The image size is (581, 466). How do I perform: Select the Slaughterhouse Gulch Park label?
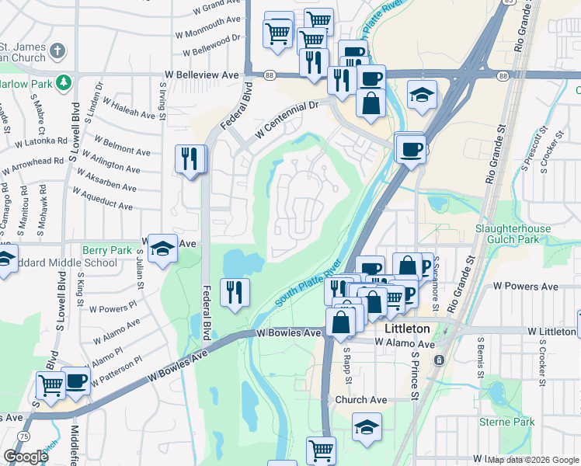[x=513, y=234]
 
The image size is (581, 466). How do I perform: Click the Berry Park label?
[x=107, y=250]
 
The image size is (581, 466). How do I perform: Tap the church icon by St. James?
[x=57, y=52]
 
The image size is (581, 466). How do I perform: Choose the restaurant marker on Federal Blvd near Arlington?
[x=190, y=160]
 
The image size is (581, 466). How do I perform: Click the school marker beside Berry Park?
[x=162, y=249]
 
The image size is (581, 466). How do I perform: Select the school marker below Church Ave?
[x=367, y=427]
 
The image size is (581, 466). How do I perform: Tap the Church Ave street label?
[x=361, y=400]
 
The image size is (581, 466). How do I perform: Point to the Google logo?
[x=26, y=456]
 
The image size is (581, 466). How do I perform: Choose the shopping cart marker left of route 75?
[x=50, y=385]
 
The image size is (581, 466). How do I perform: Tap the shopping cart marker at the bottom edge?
[x=321, y=449]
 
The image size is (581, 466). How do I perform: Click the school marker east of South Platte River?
[x=422, y=96]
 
